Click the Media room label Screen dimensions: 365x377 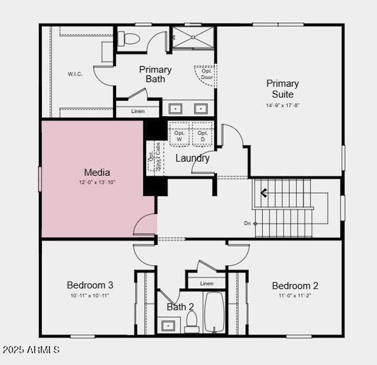[x=97, y=173]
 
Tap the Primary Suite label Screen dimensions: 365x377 [x=283, y=89]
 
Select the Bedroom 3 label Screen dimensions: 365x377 [x=90, y=285]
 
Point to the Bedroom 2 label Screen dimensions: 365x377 [x=295, y=285]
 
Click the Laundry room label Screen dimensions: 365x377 [x=192, y=158]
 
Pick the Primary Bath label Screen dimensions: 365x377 [x=155, y=74]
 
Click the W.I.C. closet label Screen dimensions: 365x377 [x=75, y=74]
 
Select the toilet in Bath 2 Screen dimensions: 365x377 [x=192, y=322]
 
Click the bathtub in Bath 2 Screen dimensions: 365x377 [x=214, y=313]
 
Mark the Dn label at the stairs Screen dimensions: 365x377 [x=247, y=223]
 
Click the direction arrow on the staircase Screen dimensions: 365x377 [x=265, y=194]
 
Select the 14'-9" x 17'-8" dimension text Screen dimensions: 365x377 [x=283, y=105]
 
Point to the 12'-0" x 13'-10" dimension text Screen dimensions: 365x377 [x=97, y=182]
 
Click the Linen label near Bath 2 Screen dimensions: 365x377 [x=207, y=283]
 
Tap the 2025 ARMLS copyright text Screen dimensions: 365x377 [x=31, y=350]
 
